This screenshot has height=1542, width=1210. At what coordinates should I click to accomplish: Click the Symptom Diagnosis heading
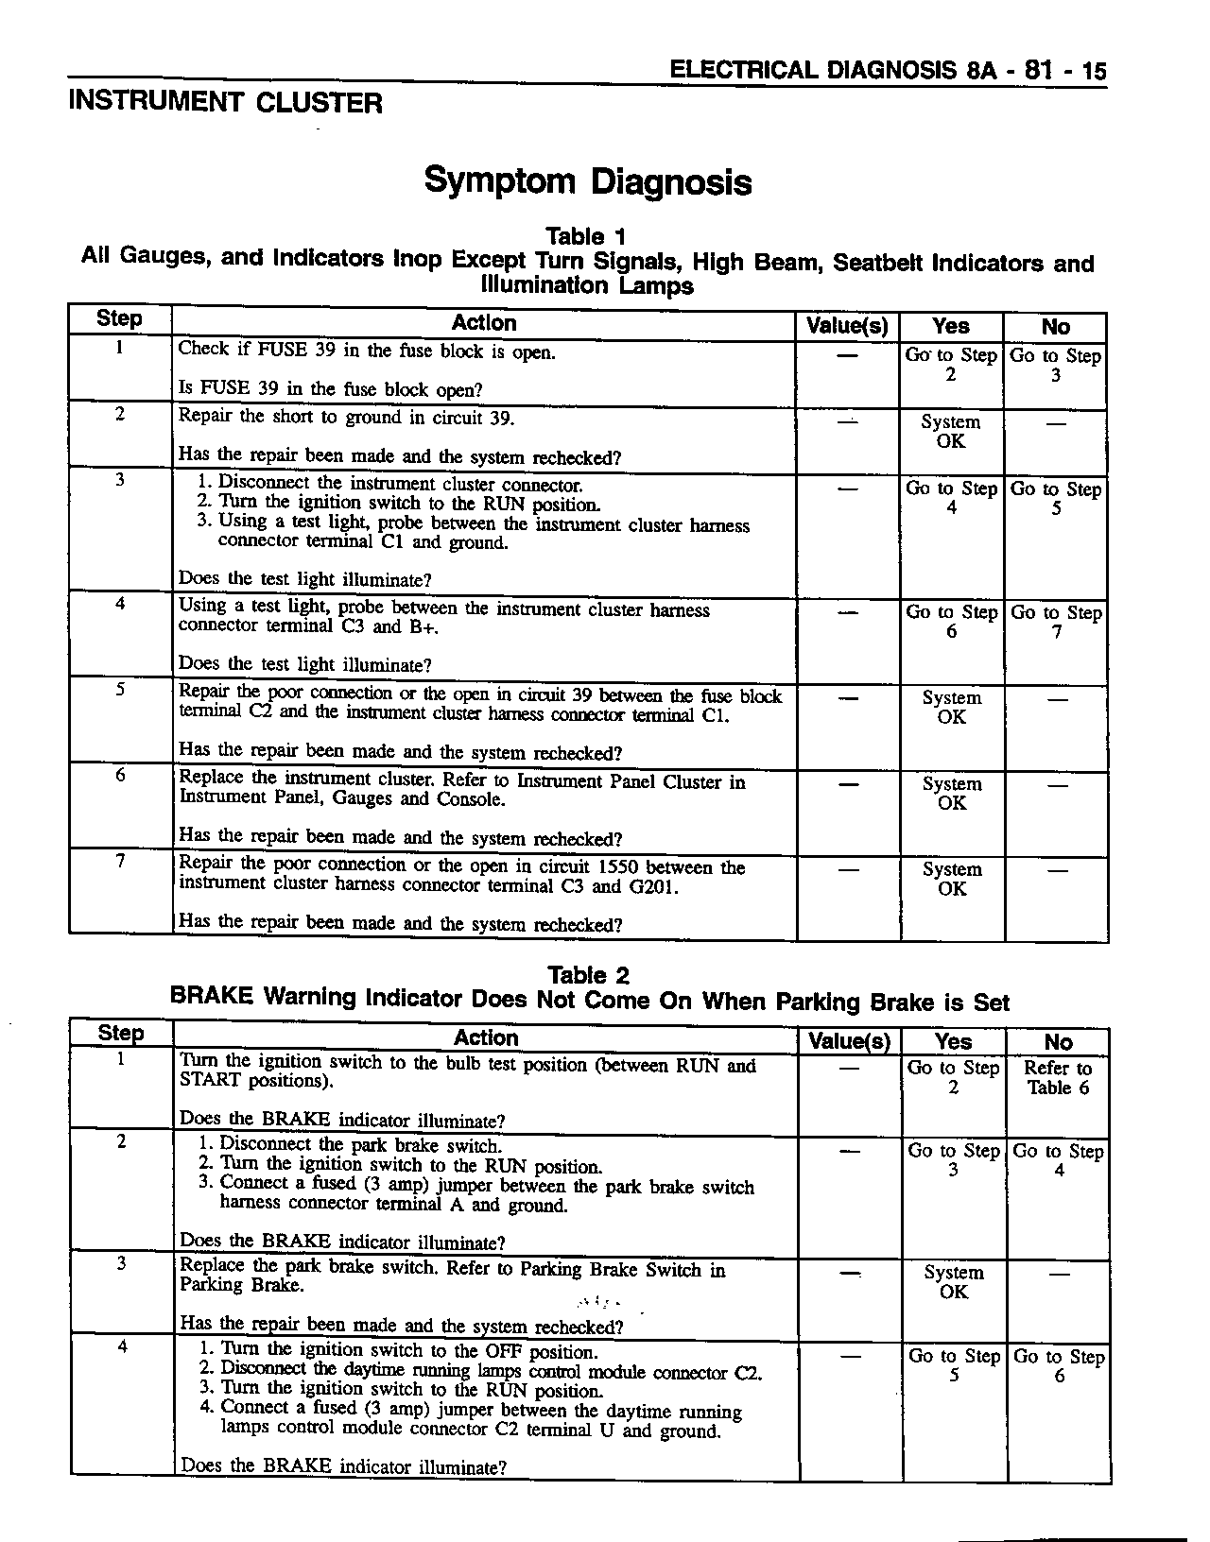click(587, 180)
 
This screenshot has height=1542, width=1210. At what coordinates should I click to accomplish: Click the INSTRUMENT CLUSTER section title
click(225, 103)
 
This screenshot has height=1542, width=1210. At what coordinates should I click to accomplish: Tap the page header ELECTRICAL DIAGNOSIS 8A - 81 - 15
click(887, 71)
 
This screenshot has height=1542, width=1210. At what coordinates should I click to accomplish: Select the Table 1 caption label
click(586, 236)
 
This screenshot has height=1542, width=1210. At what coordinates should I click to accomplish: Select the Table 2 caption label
click(588, 975)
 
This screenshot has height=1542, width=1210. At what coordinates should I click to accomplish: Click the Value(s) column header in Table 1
click(847, 327)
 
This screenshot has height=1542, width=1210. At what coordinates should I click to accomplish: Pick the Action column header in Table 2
click(485, 1038)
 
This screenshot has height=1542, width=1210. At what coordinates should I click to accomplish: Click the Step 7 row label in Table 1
click(120, 861)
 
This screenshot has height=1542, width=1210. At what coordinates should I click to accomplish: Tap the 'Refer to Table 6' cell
click(1058, 1078)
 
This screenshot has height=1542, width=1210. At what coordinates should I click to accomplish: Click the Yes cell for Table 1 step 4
click(951, 622)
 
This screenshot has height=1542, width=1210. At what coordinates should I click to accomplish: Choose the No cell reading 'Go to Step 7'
click(1056, 622)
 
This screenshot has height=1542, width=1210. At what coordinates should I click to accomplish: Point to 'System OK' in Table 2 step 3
click(953, 1282)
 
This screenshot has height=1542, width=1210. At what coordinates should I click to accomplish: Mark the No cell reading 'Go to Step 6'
click(1058, 1365)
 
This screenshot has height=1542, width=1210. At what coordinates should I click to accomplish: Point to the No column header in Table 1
click(1055, 327)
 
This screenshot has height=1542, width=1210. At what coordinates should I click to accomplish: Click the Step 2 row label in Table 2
click(121, 1141)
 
